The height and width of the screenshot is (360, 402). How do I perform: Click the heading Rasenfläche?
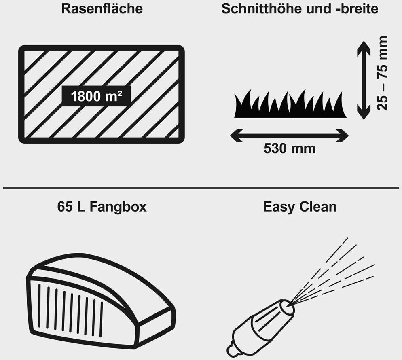pyautogui.click(x=102, y=9)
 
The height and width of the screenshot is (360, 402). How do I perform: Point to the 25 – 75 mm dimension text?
pyautogui.click(x=382, y=73)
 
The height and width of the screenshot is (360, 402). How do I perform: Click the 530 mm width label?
pyautogui.click(x=290, y=148)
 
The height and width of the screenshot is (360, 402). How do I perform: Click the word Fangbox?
pyautogui.click(x=118, y=207)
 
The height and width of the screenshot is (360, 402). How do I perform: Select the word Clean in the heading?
pyautogui.click(x=318, y=207)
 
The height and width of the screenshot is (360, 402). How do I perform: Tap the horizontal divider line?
pyautogui.click(x=201, y=188)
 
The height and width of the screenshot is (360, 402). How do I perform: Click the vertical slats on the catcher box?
pyautogui.click(x=69, y=307)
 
